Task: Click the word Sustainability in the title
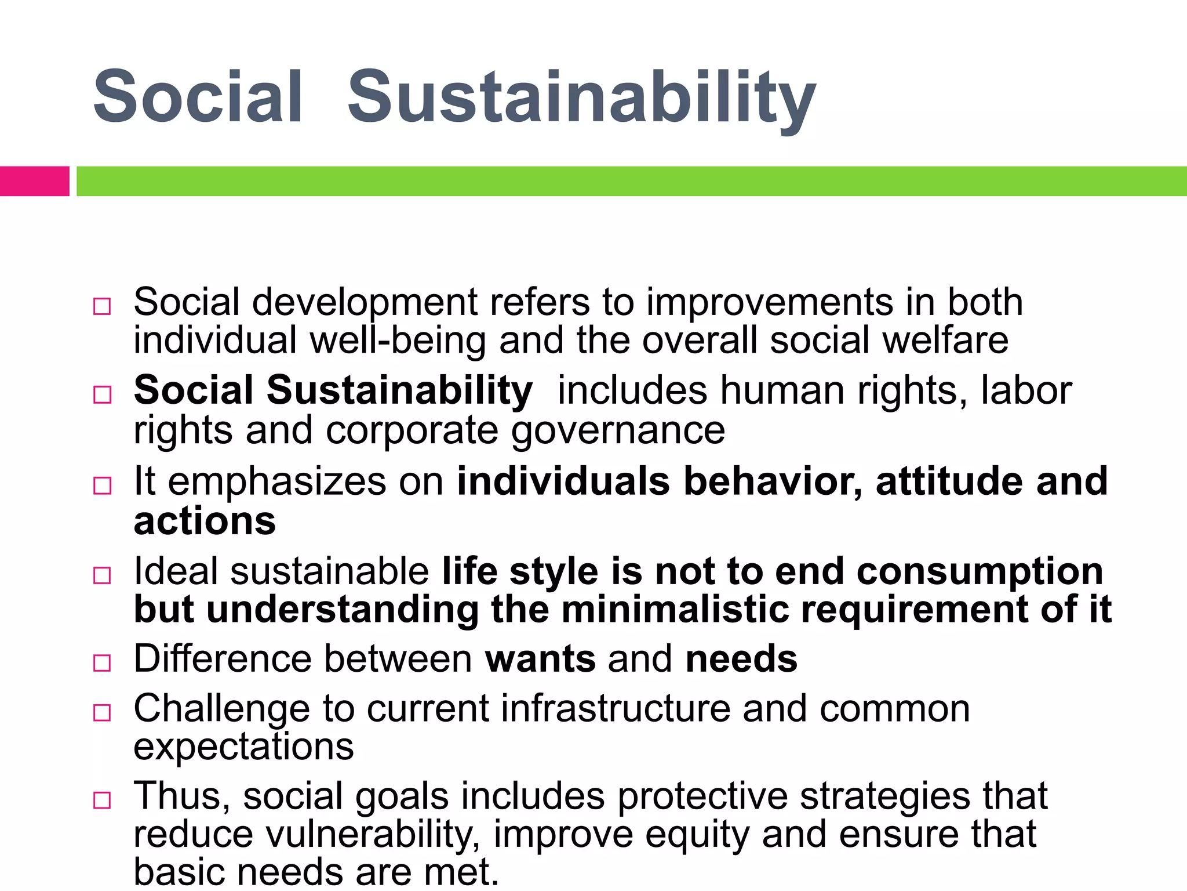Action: (x=581, y=97)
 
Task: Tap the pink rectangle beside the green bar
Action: (x=34, y=181)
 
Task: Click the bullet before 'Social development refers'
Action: (x=102, y=306)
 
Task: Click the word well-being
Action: (x=398, y=341)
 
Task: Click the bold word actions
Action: (x=205, y=521)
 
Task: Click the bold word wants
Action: (x=540, y=659)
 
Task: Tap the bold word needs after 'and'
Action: (x=741, y=659)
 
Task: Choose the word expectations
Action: (x=243, y=747)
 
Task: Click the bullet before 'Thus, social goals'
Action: (x=102, y=801)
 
